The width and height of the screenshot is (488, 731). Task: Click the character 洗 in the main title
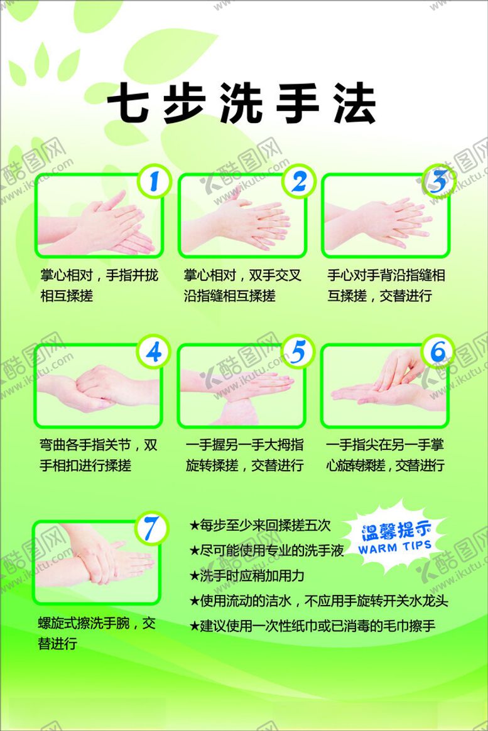[x=241, y=103]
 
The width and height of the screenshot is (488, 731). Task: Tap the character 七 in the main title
[x=127, y=103]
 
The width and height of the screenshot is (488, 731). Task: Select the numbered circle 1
[x=154, y=181]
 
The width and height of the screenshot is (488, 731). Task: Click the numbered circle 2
[x=298, y=181]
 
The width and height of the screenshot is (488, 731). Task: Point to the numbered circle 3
[x=438, y=181]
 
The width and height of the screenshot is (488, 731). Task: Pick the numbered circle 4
[x=153, y=351]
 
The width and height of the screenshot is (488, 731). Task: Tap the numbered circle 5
[x=298, y=351]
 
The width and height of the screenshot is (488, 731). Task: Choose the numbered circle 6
[x=438, y=351]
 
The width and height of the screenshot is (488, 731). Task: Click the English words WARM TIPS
[x=394, y=547]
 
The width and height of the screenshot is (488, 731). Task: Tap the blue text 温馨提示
[x=396, y=531]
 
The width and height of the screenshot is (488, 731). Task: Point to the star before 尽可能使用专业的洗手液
[x=194, y=551]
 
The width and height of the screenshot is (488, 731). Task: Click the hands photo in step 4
[x=98, y=385]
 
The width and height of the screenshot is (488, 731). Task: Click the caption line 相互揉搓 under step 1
[x=67, y=296]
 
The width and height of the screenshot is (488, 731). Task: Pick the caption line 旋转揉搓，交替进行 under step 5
[x=244, y=465]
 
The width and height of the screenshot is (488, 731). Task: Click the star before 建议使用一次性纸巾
[x=194, y=626]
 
